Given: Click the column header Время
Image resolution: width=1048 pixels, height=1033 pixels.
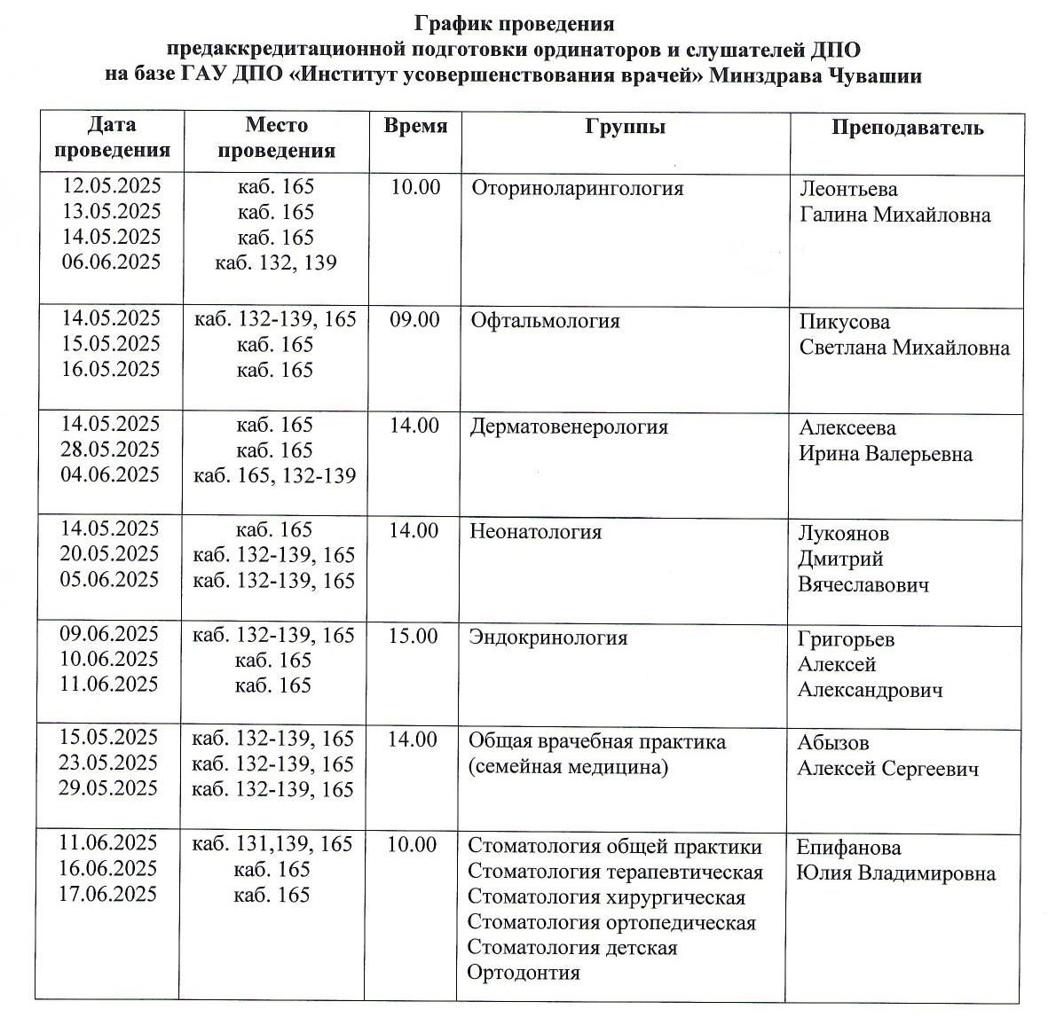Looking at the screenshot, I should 415,126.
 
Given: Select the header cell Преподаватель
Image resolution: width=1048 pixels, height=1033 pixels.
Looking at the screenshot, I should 907,128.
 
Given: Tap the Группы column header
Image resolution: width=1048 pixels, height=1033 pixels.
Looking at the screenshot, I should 625,127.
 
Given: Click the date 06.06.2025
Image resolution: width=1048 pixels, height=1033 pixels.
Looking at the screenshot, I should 112,262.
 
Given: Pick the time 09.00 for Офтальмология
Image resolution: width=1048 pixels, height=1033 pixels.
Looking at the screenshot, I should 414,320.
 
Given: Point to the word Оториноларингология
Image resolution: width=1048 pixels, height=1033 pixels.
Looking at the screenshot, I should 578,189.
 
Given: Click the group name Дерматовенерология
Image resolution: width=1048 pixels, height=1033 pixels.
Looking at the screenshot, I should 568,427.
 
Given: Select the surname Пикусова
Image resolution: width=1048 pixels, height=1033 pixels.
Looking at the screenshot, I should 844,322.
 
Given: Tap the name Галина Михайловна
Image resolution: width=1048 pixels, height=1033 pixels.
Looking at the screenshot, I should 894,215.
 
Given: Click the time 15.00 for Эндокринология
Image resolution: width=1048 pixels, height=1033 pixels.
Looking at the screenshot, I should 414,637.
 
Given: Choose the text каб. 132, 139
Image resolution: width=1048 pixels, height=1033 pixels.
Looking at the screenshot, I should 276,262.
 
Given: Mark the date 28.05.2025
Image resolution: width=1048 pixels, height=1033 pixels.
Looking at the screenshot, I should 110,450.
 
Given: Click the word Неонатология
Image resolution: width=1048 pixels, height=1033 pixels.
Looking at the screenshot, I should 535,532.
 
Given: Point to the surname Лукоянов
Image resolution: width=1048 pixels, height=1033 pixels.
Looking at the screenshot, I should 843,534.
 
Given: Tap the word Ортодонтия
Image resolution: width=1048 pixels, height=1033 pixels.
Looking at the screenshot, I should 523,973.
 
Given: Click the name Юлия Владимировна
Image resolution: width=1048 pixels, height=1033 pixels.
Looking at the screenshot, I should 895,873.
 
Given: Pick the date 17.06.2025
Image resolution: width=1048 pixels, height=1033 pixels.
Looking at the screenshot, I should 107,894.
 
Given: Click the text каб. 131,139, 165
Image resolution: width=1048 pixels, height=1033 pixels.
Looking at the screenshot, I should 272,844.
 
